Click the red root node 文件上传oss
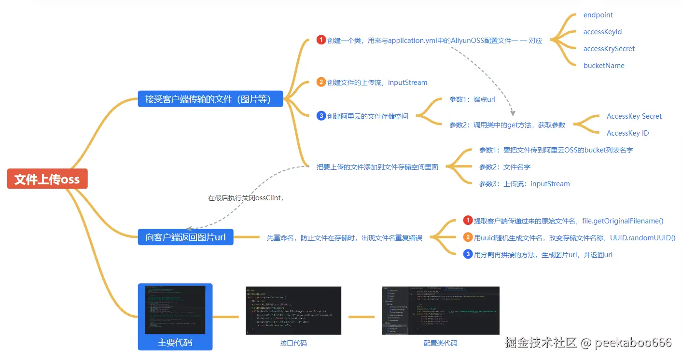coord(47,179)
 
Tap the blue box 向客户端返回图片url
coord(185,237)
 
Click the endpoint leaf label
coord(598,15)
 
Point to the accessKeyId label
coord(602,32)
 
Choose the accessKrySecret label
coord(609,49)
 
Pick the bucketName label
coord(604,66)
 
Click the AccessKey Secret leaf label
coord(634,116)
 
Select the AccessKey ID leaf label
coord(627,133)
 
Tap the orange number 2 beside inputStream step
coord(321,82)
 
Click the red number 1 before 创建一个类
coord(321,40)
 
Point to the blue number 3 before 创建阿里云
coord(321,116)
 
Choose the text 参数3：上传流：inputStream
coord(524,184)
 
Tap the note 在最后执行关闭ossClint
coord(245,198)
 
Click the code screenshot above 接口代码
coord(293,310)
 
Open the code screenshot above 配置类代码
coord(440,310)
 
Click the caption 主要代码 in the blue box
coord(175,343)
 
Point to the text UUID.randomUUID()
coord(642,238)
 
